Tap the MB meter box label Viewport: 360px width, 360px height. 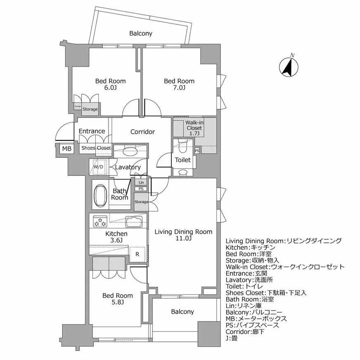click(x=66, y=149)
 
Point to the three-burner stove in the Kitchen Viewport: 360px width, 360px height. click(x=99, y=221)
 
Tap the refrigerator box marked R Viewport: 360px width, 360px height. click(x=137, y=254)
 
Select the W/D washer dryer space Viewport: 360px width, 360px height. click(x=98, y=167)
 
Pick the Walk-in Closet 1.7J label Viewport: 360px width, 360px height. click(x=193, y=128)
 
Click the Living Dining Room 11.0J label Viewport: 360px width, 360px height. click(x=183, y=235)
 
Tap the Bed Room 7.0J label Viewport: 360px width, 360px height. click(x=179, y=84)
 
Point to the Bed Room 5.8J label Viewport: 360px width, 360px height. click(x=118, y=299)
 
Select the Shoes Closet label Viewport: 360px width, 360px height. click(x=96, y=148)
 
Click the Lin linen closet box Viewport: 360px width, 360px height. click(x=141, y=182)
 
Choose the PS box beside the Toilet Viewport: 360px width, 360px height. click(x=197, y=151)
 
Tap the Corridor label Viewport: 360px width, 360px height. click(x=142, y=132)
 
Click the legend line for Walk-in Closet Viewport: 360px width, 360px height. click(x=285, y=267)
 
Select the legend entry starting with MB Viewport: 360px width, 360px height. click(x=256, y=319)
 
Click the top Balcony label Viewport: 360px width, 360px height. click(x=141, y=33)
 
